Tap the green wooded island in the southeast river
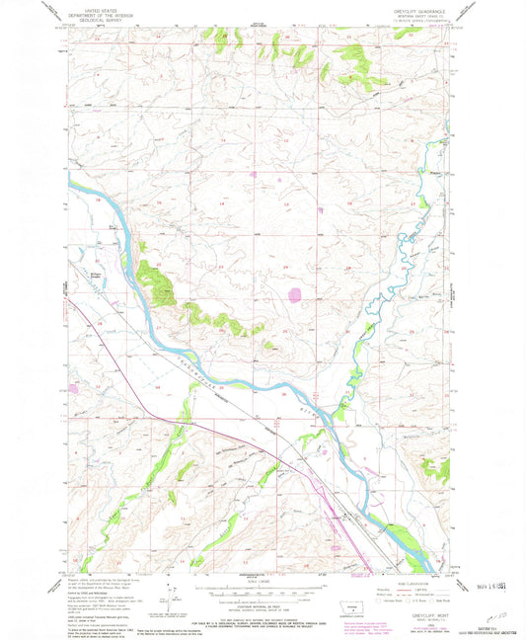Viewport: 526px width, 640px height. (x=405, y=541)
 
